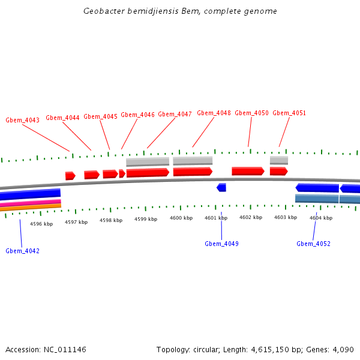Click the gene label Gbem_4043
23,120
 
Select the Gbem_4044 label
62,118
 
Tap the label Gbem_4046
137,115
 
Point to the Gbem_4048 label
214,113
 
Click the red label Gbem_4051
289,113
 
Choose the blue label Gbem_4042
23,251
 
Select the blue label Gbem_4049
221,244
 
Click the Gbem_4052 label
313,244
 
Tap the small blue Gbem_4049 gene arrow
221,187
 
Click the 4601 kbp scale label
216,218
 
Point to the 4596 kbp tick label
41,224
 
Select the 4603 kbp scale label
286,217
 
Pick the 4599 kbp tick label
146,220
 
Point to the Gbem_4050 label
251,113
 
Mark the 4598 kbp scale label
111,220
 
